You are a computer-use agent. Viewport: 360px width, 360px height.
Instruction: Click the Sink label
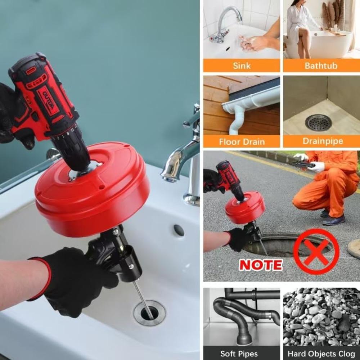point(241,66)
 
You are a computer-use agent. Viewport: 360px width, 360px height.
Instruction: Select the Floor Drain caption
point(241,141)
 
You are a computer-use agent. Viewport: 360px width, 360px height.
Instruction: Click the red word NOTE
point(261,265)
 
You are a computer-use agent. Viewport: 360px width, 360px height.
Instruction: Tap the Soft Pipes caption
point(239,354)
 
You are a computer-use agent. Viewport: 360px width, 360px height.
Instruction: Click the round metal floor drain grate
point(318,123)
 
